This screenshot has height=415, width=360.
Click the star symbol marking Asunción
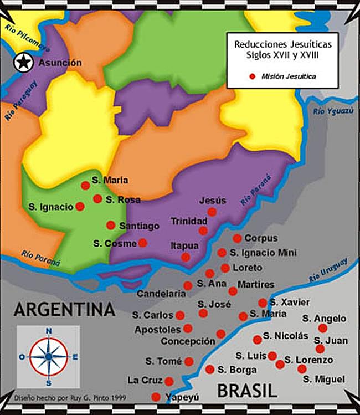click(x=23, y=63)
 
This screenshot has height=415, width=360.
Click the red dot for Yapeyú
click(x=156, y=397)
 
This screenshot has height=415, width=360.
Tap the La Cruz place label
click(x=144, y=381)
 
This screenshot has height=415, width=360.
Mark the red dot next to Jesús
click(x=212, y=212)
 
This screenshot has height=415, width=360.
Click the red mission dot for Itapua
click(x=186, y=257)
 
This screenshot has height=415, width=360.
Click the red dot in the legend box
click(x=253, y=76)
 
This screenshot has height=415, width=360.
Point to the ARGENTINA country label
click(x=64, y=309)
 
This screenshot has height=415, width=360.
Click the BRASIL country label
click(x=246, y=391)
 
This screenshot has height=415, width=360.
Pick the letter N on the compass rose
click(x=49, y=331)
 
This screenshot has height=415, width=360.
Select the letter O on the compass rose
click(x=22, y=357)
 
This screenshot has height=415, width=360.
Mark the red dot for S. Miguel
click(x=302, y=368)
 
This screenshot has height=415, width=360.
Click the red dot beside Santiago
click(x=111, y=225)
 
